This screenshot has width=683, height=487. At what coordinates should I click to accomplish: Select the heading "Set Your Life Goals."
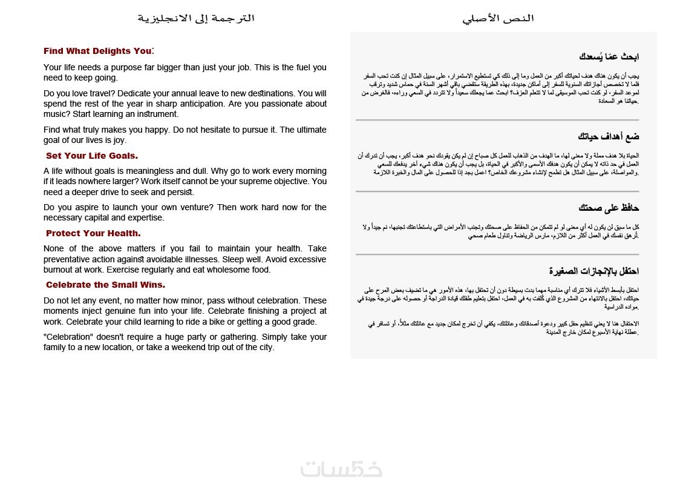coord(92,156)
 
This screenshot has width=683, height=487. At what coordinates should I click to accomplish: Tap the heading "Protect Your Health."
coord(93,233)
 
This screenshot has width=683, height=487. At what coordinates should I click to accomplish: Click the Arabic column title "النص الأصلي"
coord(498,18)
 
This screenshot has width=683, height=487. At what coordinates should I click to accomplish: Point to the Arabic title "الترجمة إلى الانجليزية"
coord(196,18)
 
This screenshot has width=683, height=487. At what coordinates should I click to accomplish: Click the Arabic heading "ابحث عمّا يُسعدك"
coord(609,57)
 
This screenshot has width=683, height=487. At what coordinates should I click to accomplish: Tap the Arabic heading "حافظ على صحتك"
coord(609,208)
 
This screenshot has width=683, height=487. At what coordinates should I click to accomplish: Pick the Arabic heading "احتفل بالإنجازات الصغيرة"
coord(594,270)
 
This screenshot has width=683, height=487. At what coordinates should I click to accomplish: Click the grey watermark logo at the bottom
coord(342,469)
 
